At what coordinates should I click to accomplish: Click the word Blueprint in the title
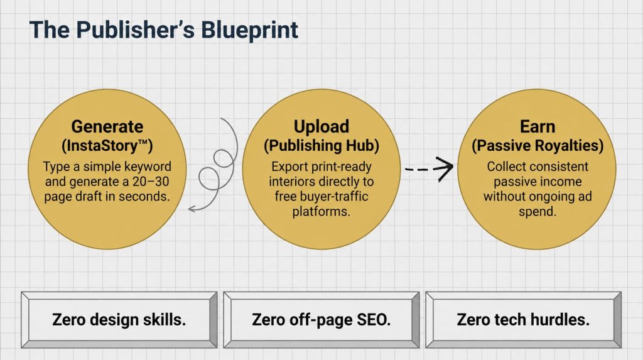(249, 30)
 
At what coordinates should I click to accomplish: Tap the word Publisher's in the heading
(136, 30)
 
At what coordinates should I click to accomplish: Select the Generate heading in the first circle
(107, 126)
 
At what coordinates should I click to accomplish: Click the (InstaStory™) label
(107, 145)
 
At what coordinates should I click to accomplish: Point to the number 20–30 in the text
(151, 182)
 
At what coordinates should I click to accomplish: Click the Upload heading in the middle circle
(321, 126)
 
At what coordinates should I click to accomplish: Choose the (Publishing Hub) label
(321, 145)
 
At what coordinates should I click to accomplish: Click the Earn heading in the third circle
(538, 126)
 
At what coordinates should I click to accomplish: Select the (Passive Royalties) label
(538, 145)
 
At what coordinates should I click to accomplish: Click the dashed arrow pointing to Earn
(429, 169)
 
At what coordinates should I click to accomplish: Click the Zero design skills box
(119, 320)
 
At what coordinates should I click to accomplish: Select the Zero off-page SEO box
(321, 320)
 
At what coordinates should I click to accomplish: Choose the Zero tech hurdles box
(524, 320)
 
